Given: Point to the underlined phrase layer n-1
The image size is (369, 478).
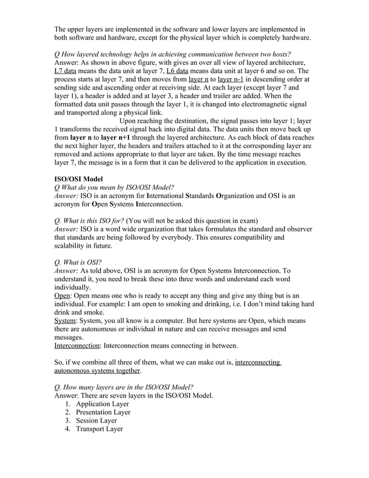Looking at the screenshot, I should [235, 79].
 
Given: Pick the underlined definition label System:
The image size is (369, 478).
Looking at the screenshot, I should [68, 320].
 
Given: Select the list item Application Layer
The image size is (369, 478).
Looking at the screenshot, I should [102, 404].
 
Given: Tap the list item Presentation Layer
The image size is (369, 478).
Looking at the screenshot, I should [103, 413].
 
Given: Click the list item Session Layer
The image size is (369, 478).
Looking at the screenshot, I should [96, 421].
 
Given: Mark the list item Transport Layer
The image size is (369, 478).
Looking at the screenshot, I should [99, 429].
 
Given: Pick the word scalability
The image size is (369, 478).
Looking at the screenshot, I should [73, 245].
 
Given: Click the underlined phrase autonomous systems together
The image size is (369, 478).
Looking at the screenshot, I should [97, 370].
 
